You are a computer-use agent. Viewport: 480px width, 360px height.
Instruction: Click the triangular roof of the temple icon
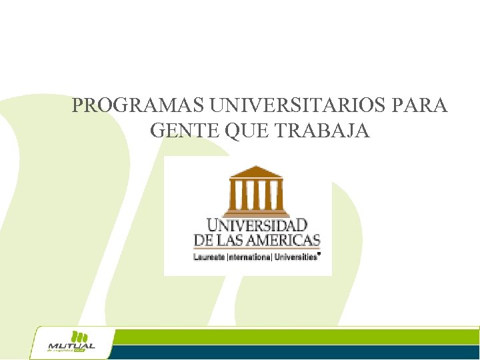coord(255,171)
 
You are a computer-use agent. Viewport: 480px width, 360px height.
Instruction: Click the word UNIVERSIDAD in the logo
coord(257,225)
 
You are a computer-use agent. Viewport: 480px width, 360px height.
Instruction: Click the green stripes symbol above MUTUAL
coord(79,335)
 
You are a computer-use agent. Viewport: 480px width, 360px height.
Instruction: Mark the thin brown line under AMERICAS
coord(257,249)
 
